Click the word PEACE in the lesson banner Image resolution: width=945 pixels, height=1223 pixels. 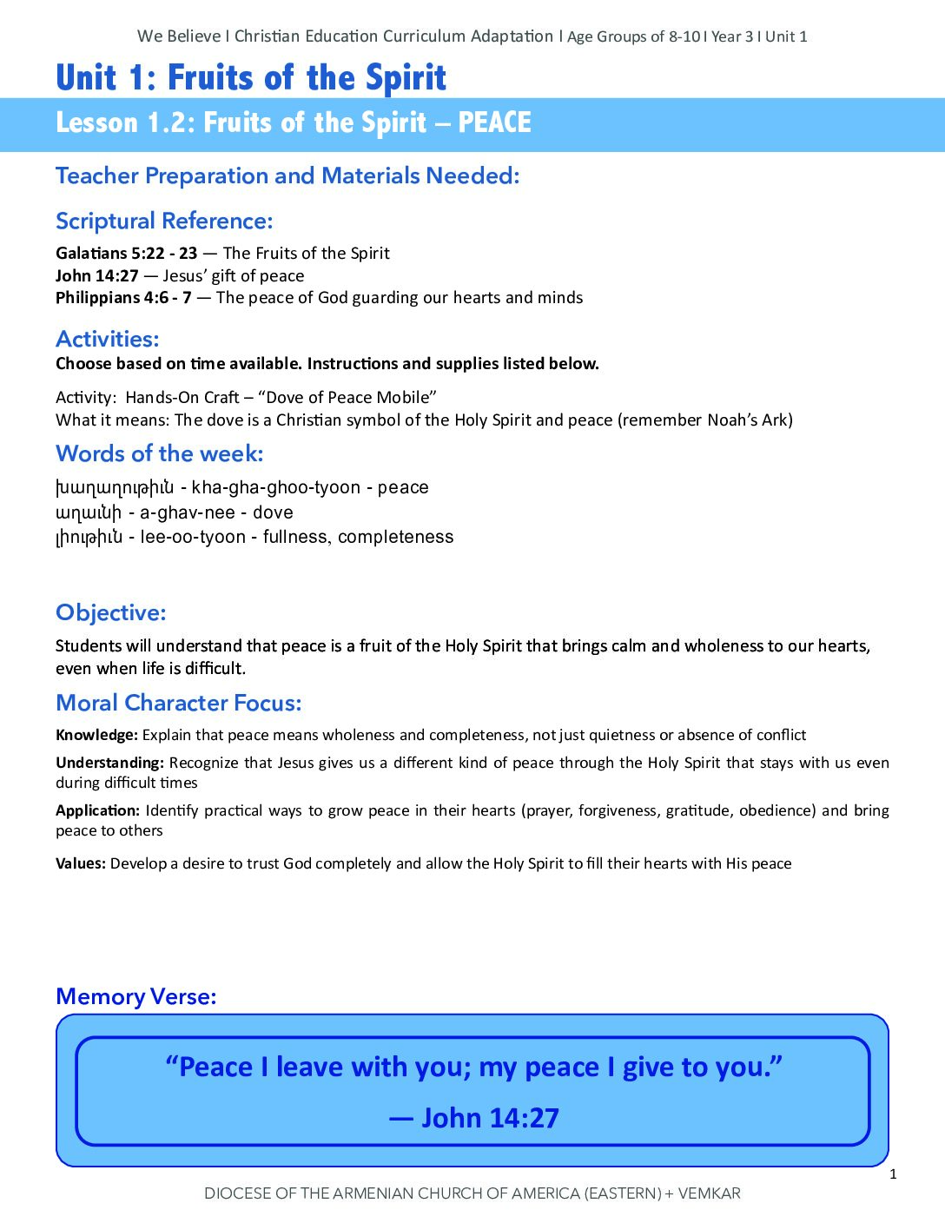(x=494, y=123)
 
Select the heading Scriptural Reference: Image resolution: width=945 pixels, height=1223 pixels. (x=164, y=221)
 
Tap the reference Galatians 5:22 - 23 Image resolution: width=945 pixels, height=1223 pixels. (x=127, y=254)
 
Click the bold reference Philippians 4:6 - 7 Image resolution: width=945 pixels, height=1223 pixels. (x=123, y=298)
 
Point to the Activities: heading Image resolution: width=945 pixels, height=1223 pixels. (x=108, y=339)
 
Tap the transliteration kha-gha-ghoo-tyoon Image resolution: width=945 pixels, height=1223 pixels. (x=275, y=487)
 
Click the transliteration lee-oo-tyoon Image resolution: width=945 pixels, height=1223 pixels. (x=193, y=537)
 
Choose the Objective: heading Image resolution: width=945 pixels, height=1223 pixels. (x=110, y=613)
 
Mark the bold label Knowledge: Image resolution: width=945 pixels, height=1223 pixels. (x=96, y=736)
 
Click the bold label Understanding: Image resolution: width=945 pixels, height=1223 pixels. (x=109, y=764)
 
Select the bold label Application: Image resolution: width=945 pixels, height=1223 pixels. (x=97, y=811)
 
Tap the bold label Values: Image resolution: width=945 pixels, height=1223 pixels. (x=81, y=864)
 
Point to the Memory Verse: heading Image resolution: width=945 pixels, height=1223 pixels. (x=136, y=997)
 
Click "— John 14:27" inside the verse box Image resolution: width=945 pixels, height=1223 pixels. (x=474, y=1118)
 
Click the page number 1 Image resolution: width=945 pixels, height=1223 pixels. (x=893, y=1175)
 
